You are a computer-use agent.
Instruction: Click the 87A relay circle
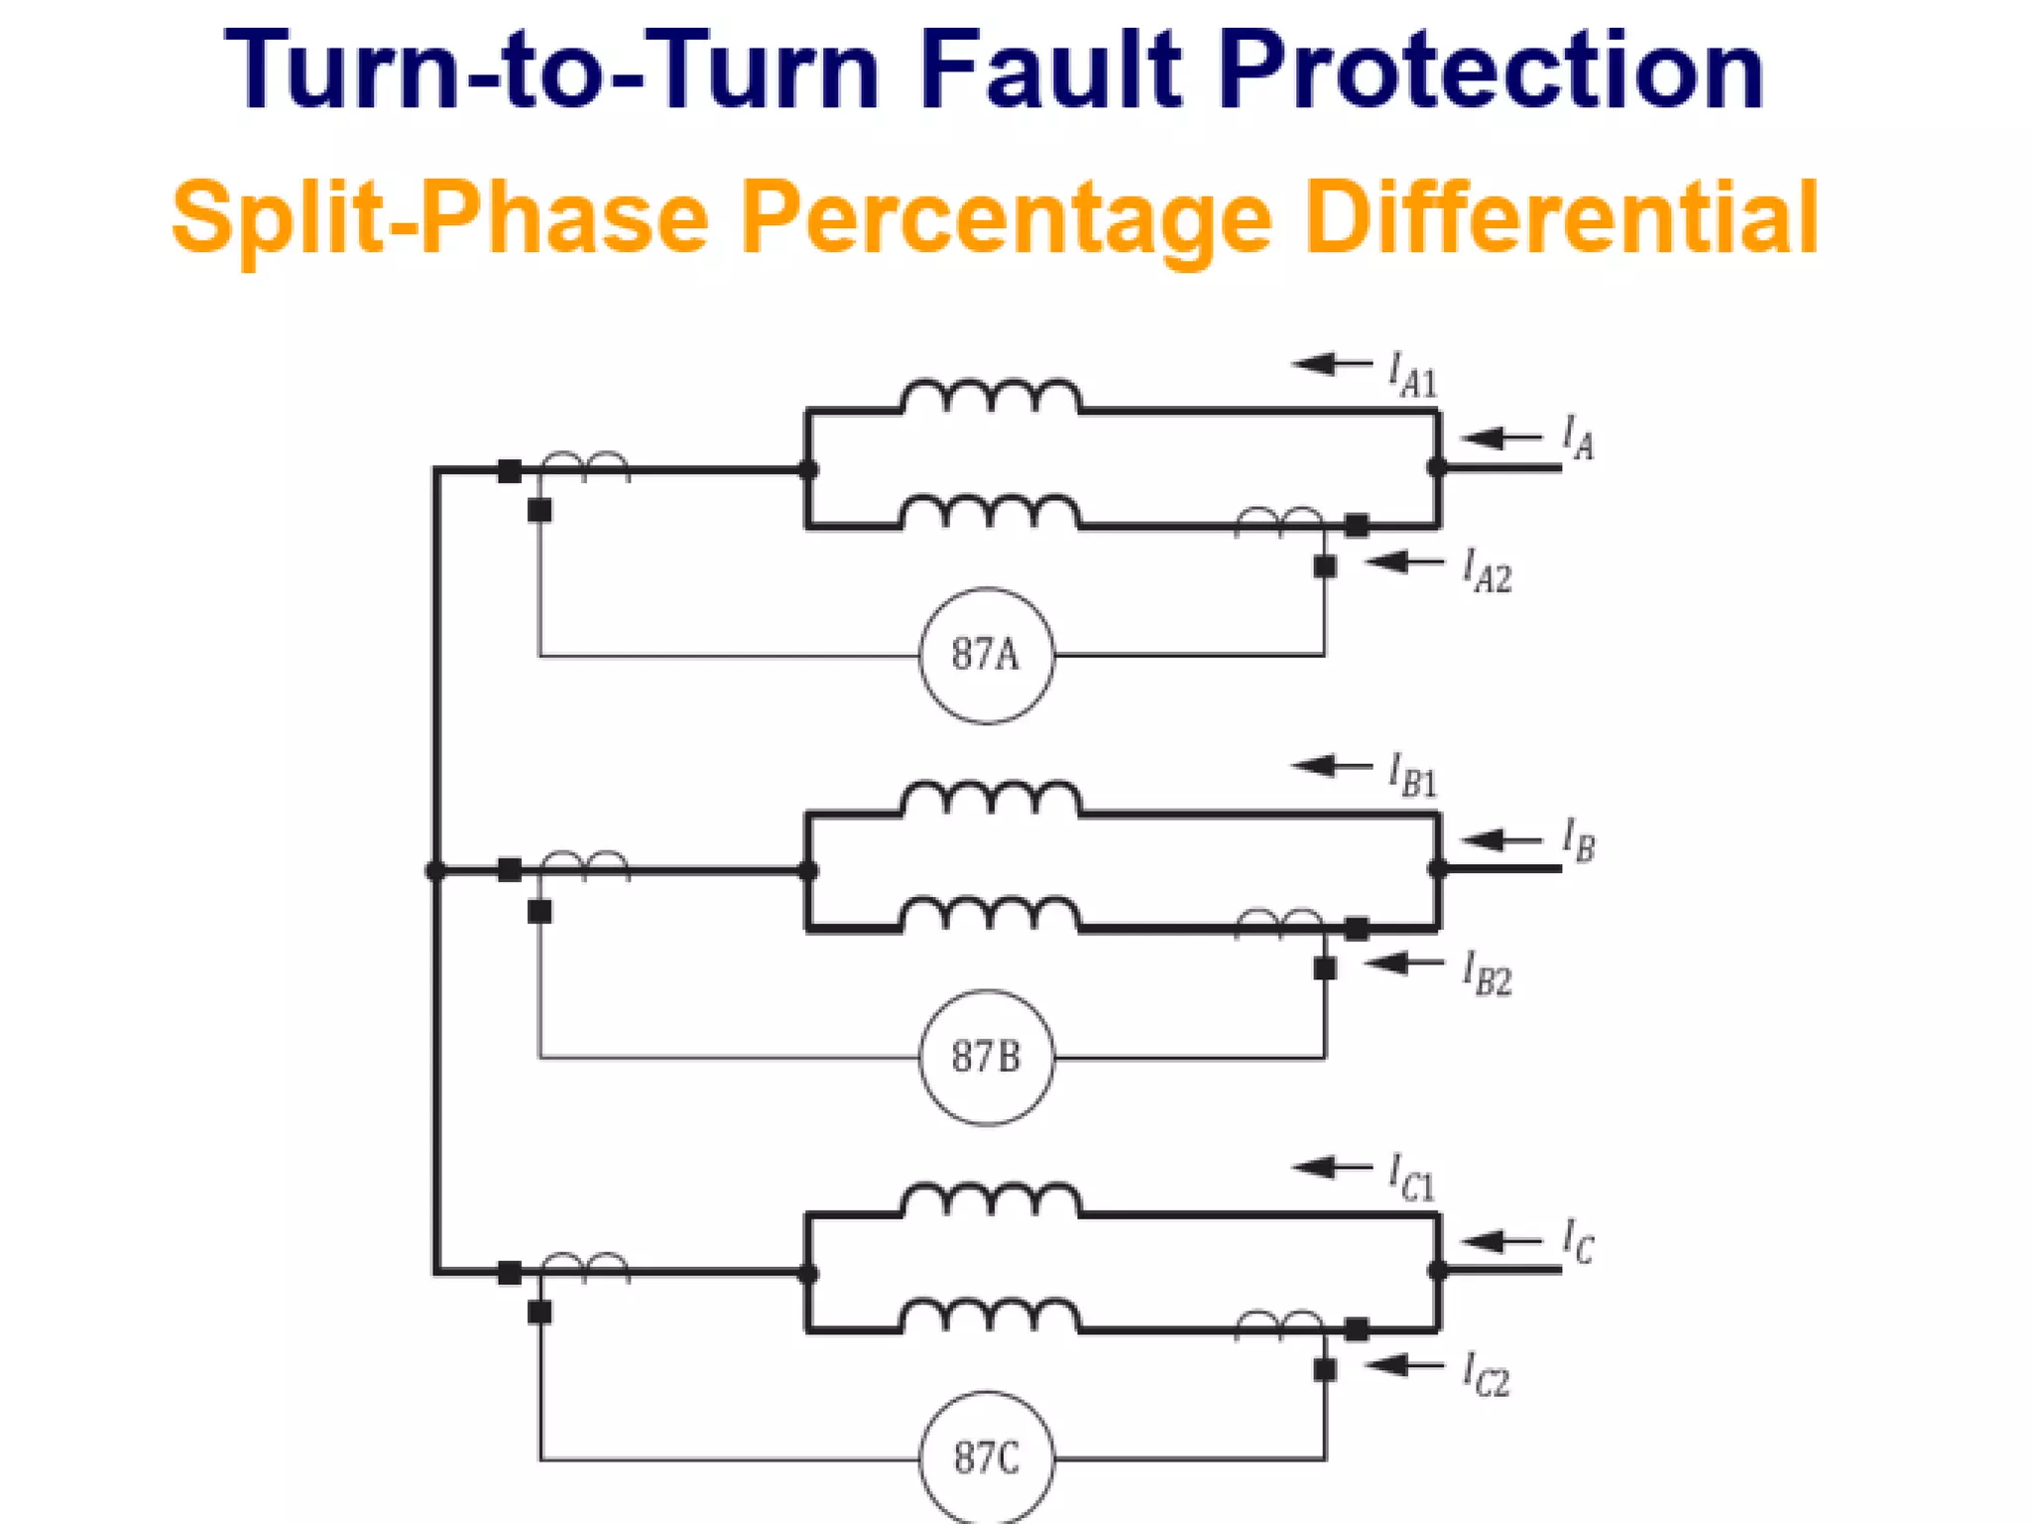point(987,655)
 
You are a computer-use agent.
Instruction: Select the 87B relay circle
point(987,1057)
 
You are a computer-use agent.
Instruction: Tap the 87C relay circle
point(987,1458)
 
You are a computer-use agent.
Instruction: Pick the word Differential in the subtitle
point(1561,217)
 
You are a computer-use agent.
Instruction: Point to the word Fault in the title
point(1051,69)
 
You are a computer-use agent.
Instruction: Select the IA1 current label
point(1412,375)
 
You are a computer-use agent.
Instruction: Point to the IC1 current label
point(1412,1178)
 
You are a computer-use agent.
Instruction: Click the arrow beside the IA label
point(1501,438)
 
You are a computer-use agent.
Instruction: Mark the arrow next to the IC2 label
point(1404,1366)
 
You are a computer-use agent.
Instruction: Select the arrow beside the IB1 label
point(1333,765)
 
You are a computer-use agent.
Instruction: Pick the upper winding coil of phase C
point(991,1201)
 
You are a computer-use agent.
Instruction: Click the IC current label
point(1579,1242)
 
